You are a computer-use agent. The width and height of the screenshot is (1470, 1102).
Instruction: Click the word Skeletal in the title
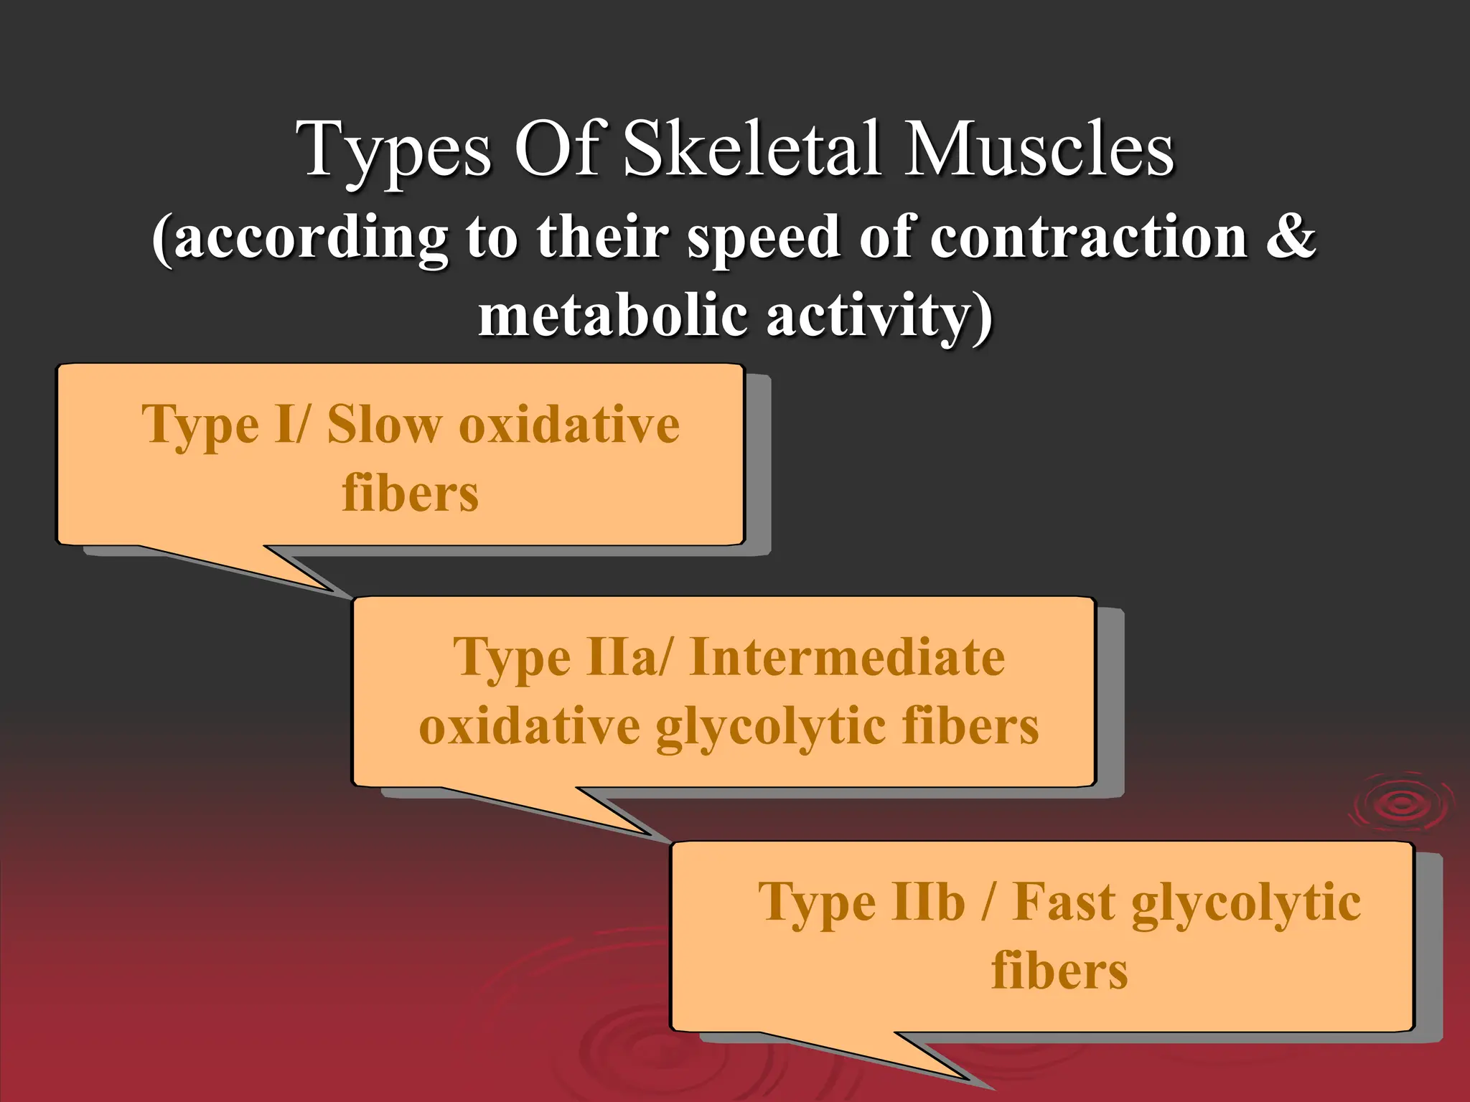pos(752,149)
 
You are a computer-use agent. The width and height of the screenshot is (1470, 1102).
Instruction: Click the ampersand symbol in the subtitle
pos(1291,237)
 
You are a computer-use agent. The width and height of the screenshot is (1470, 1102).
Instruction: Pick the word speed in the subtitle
pos(764,239)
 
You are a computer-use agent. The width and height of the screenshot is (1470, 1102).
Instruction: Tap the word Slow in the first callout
pos(384,425)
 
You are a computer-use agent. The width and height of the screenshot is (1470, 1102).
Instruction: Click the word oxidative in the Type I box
pos(569,425)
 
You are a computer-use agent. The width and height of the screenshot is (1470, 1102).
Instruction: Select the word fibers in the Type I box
pos(410,494)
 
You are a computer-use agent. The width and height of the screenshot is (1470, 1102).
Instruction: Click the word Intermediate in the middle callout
pos(847,657)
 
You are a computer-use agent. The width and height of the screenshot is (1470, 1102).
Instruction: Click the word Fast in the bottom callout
pos(1064,902)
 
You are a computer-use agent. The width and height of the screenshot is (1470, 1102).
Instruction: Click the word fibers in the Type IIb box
pos(1059,971)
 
